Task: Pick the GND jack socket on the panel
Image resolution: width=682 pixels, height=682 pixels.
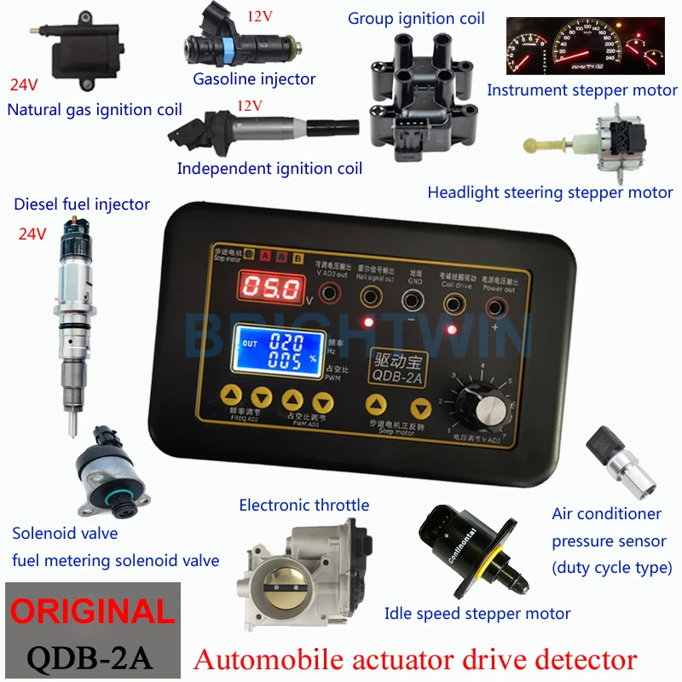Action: [413, 298]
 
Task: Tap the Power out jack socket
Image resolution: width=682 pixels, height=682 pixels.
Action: [495, 298]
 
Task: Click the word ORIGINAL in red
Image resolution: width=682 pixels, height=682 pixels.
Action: [90, 611]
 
